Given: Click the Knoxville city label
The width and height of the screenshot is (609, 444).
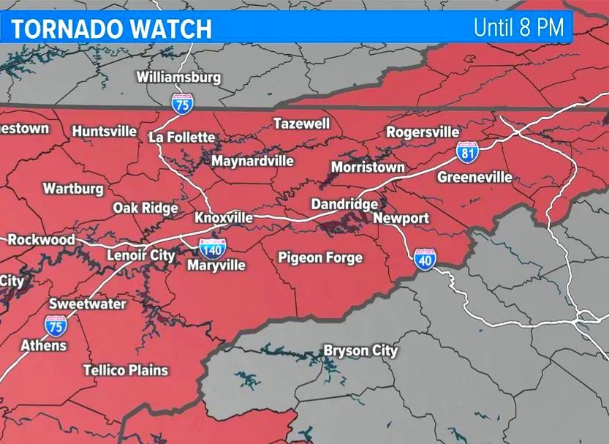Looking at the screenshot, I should [x=224, y=218].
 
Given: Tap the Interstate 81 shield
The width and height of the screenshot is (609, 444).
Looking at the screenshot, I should [x=468, y=151].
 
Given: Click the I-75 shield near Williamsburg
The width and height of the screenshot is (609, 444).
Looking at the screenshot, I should [x=182, y=102].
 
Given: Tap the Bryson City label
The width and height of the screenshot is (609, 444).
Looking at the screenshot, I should [x=360, y=351].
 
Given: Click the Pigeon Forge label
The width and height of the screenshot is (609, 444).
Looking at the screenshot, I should [x=320, y=257].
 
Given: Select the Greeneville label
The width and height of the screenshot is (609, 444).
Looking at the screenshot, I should [x=474, y=177].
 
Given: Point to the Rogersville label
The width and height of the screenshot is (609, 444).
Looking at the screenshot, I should [x=423, y=132].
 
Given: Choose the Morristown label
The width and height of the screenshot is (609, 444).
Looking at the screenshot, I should [x=368, y=168].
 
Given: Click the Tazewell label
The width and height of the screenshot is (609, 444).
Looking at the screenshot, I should [x=302, y=124].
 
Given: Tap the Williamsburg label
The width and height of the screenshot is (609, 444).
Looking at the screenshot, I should [x=178, y=77].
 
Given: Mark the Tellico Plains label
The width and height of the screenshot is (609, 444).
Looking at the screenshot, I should [x=126, y=370].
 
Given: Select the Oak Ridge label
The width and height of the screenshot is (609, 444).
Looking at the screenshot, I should [x=145, y=208].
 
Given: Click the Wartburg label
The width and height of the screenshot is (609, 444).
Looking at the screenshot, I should [x=73, y=189].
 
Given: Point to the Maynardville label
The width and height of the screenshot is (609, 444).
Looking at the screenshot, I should [x=252, y=161].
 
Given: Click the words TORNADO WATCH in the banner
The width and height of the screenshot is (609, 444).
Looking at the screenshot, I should [x=111, y=29].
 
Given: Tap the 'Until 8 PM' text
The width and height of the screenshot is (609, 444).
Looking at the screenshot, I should [x=518, y=28].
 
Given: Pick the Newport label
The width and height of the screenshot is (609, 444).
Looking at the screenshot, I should [x=401, y=218].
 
